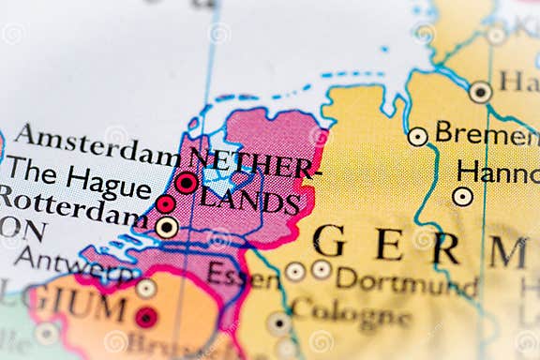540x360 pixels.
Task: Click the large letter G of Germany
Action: (x=329, y=241)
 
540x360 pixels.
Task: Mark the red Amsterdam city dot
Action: (x=187, y=182)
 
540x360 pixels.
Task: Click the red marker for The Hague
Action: (x=166, y=203)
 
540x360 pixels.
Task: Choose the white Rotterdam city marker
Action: (x=166, y=226)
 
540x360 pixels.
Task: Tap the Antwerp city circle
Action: (x=145, y=288)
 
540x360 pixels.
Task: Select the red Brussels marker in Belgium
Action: (x=145, y=317)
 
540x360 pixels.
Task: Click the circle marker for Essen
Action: (x=295, y=271)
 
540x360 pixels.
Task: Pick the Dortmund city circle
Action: (x=322, y=270)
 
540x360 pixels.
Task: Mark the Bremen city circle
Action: (x=417, y=136)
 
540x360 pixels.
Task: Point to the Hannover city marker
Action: (x=462, y=196)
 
